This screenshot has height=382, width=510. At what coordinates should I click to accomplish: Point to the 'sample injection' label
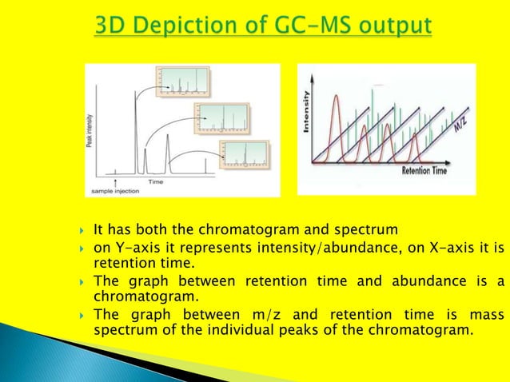click(113, 192)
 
